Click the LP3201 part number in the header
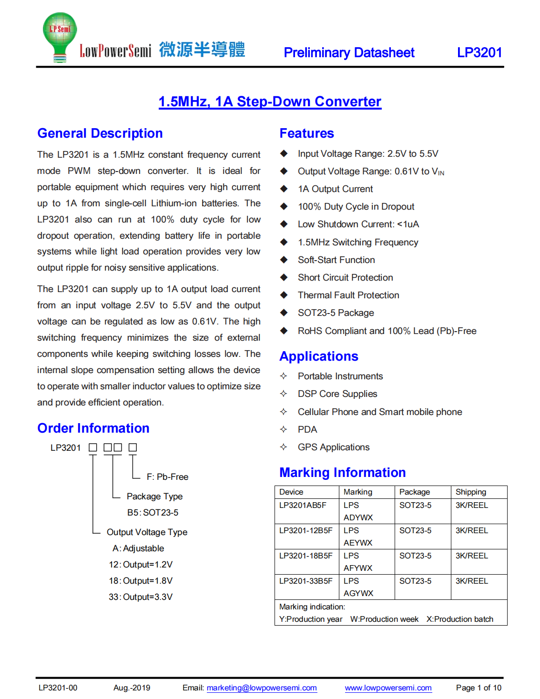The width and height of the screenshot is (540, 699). click(479, 52)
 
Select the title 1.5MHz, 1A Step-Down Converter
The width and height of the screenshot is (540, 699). click(270, 101)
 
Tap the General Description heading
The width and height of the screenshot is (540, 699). click(100, 133)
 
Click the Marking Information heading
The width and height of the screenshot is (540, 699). click(342, 472)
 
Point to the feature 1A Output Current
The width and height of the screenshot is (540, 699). click(335, 189)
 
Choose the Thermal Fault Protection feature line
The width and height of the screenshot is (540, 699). click(348, 295)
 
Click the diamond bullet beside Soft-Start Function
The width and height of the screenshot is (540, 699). click(284, 260)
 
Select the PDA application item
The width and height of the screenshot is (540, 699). click(307, 429)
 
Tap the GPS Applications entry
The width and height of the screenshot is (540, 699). click(334, 447)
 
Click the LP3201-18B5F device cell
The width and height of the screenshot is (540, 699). click(306, 556)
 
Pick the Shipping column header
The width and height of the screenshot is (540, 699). click(471, 492)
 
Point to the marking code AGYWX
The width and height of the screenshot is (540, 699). click(358, 593)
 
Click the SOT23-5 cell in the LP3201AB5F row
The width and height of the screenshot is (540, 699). click(415, 505)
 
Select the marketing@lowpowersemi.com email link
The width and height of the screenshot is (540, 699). click(262, 688)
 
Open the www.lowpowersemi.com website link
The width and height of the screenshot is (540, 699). click(388, 688)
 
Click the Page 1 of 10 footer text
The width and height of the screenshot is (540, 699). click(479, 688)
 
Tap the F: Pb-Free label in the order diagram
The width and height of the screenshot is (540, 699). click(167, 477)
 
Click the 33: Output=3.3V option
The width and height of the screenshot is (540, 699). click(141, 597)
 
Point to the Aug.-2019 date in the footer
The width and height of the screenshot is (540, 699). click(132, 688)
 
